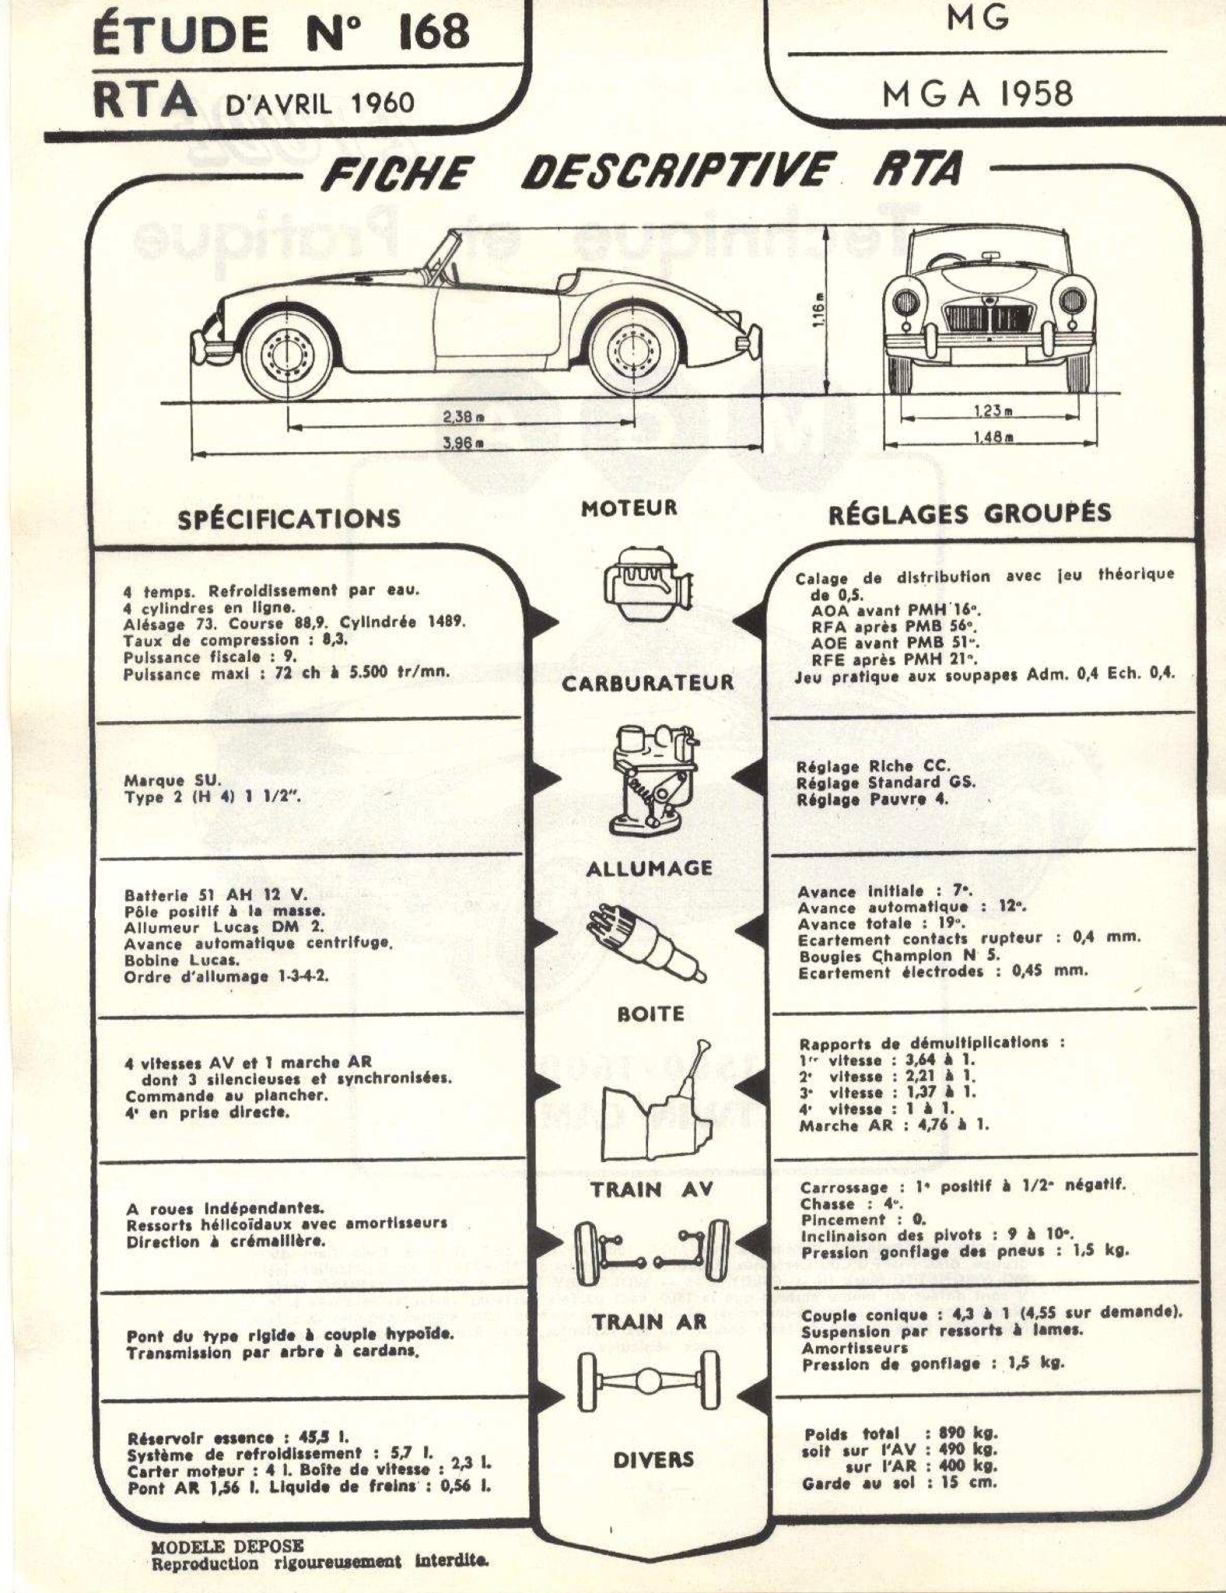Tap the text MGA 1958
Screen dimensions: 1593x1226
[x=978, y=94]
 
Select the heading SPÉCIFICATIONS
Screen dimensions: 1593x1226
[x=289, y=518]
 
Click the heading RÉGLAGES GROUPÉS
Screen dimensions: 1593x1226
[x=969, y=514]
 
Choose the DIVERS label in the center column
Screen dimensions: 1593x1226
[x=653, y=1460]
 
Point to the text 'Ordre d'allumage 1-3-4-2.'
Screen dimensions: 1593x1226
[x=226, y=976]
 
